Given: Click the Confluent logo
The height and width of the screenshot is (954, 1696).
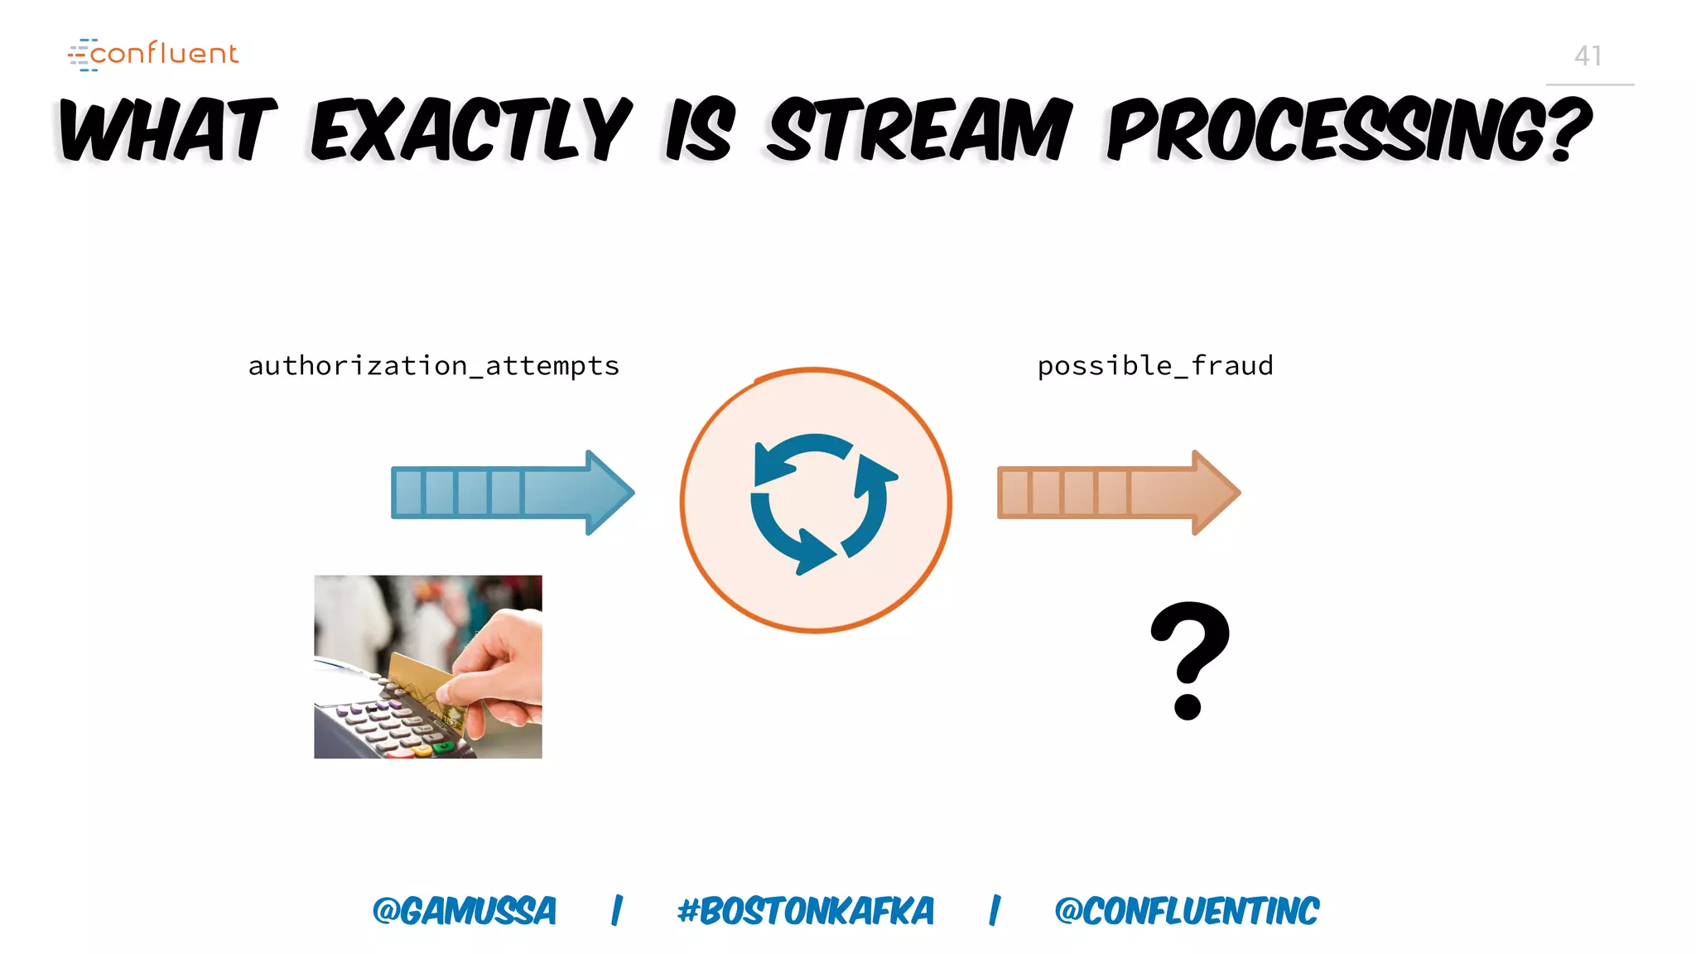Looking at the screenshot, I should coord(153,54).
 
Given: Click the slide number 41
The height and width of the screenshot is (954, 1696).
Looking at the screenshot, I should coord(1588,56).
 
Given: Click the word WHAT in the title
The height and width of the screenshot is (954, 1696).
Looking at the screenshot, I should coord(168,130).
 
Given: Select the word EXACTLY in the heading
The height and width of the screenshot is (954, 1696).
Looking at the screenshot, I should coord(472,130).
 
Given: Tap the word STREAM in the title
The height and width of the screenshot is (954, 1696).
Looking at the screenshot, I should coord(919,130).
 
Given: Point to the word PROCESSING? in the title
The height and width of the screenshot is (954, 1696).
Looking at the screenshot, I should coord(1348,130).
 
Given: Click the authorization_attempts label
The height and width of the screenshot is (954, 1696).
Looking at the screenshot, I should coord(434,366).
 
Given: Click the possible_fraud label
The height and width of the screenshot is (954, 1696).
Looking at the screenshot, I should coord(1155,366).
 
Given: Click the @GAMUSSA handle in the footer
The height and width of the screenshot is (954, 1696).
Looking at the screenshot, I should coord(465,911).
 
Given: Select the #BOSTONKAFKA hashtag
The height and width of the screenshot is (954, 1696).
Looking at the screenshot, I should coord(805,911).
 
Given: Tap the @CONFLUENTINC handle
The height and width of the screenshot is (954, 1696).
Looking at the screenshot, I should coord(1186,911).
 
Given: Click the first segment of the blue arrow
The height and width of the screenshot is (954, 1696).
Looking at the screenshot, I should coord(407,493).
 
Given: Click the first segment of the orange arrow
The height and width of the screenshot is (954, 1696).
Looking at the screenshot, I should coord(1014,493).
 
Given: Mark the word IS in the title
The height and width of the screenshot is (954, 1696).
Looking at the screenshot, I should coord(701,130).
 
